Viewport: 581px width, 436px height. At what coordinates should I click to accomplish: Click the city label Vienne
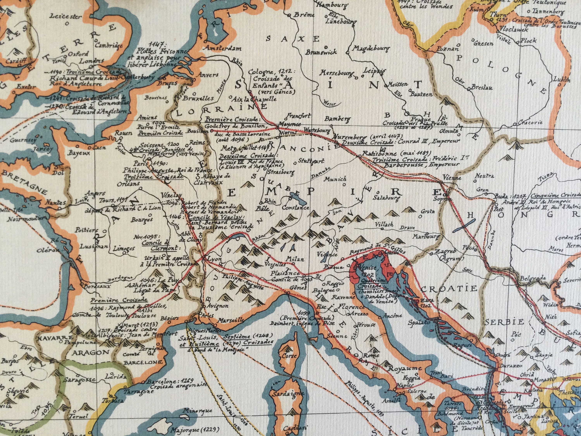tap(452, 178)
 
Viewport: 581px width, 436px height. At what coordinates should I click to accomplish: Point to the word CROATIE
tap(449, 289)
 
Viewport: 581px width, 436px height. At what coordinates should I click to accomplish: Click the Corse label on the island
tap(289, 356)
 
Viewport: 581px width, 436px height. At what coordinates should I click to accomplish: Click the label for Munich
tap(335, 179)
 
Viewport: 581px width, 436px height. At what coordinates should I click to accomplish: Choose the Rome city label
tap(371, 355)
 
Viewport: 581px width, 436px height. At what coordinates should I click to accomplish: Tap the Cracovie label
tap(530, 123)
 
